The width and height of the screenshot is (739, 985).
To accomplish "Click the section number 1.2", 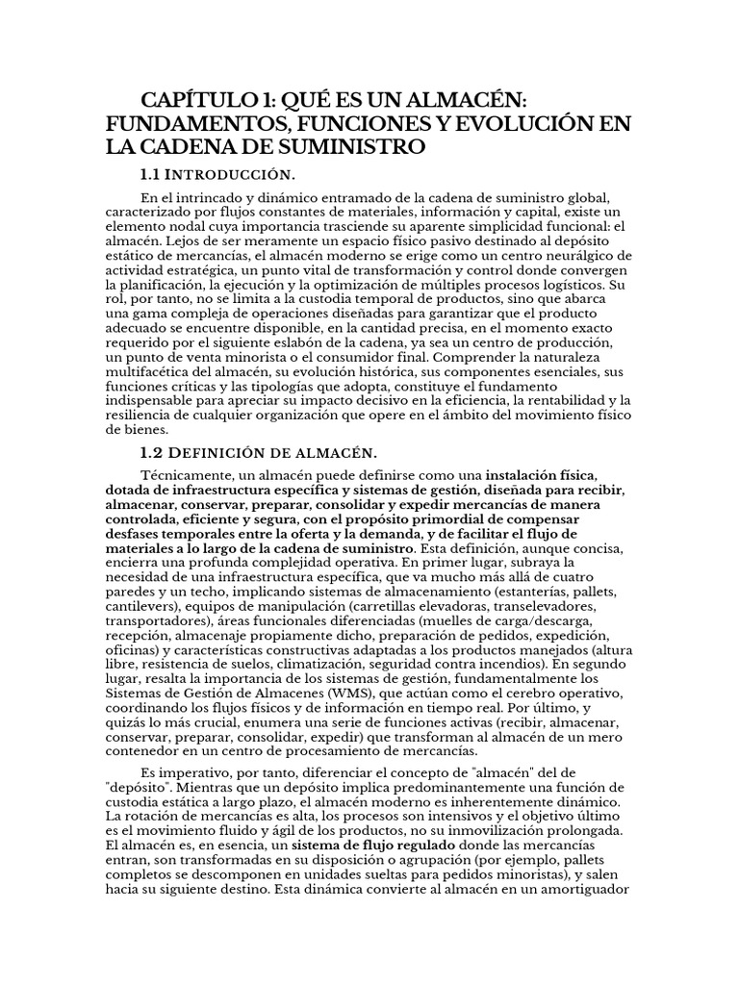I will [x=153, y=451].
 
